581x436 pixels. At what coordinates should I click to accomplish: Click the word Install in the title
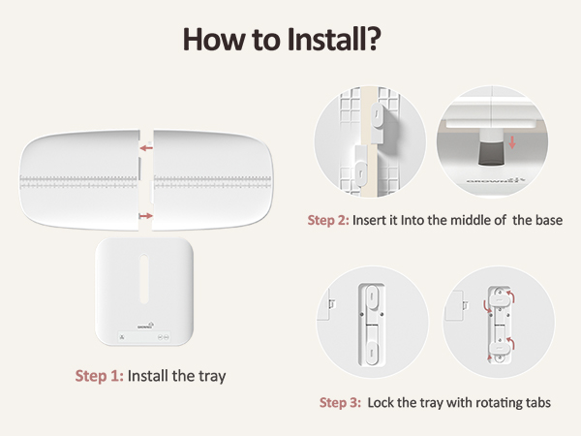point(323,39)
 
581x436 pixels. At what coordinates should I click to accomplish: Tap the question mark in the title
point(371,39)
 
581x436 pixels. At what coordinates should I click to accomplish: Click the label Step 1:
point(99,376)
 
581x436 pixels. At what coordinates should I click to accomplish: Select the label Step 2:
point(328,220)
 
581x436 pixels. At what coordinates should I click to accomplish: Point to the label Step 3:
point(340,403)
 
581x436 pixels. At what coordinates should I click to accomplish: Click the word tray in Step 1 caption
point(212,377)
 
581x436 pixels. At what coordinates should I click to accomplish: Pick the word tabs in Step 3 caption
point(538,403)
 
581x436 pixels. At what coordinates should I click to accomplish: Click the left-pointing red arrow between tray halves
point(146,148)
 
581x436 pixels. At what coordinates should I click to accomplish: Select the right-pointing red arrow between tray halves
point(146,216)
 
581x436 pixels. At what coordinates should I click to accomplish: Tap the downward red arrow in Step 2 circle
point(512,142)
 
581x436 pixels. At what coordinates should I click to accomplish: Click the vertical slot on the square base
point(144,278)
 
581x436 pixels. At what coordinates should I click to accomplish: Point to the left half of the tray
point(79,180)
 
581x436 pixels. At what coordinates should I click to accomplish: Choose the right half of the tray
point(212,180)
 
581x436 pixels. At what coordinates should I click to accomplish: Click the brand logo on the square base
point(145,326)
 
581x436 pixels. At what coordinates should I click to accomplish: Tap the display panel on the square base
point(144,337)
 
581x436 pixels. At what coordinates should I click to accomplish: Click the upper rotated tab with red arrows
point(500,298)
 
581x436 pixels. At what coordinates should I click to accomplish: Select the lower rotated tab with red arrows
point(500,348)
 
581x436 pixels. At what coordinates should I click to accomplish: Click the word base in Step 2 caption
point(549,220)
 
